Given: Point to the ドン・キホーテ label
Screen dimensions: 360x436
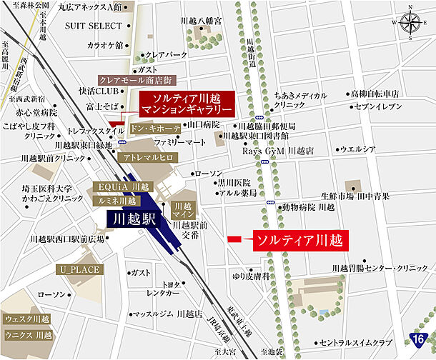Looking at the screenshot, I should pyautogui.click(x=155, y=129).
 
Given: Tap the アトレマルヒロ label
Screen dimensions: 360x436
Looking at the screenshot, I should pyautogui.click(x=148, y=156).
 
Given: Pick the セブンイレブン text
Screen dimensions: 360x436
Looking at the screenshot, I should pyautogui.click(x=381, y=106).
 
